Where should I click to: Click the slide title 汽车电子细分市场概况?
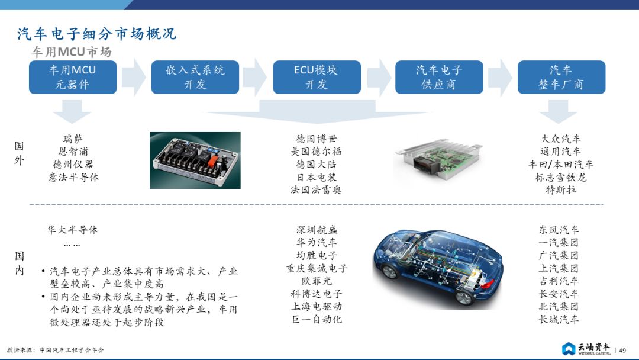[x=96, y=33]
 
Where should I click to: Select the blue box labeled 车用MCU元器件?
[x=73, y=77]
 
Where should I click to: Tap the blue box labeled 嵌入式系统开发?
[x=195, y=77]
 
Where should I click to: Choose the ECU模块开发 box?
[x=317, y=77]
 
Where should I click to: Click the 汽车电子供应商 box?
[x=439, y=77]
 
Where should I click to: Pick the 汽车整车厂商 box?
[x=561, y=77]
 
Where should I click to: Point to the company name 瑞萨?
[x=73, y=139]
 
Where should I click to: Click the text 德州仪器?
[x=73, y=164]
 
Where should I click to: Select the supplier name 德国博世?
[x=317, y=139]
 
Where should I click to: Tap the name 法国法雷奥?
[x=316, y=189]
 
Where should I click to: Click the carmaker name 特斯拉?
[x=561, y=189]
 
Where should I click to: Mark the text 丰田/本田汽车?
[x=561, y=164]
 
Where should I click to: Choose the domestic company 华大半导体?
[x=73, y=230]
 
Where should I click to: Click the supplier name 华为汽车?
[x=317, y=243]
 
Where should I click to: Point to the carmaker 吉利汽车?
[x=559, y=281]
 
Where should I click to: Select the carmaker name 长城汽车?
[x=559, y=319]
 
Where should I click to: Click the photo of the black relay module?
[x=195, y=160]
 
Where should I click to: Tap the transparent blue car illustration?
[x=438, y=268]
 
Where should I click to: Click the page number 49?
[x=622, y=350]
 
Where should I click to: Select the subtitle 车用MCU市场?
[x=72, y=52]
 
